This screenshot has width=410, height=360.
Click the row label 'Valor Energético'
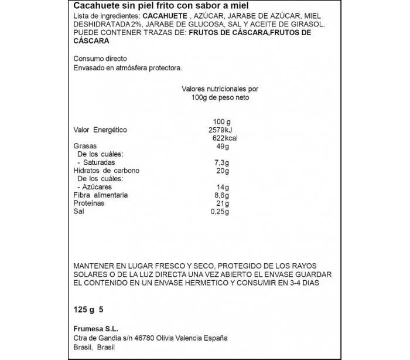click(x=100, y=130)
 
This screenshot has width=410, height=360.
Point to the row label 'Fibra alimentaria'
click(x=101, y=195)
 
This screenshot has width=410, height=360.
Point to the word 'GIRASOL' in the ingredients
click(x=306, y=25)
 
